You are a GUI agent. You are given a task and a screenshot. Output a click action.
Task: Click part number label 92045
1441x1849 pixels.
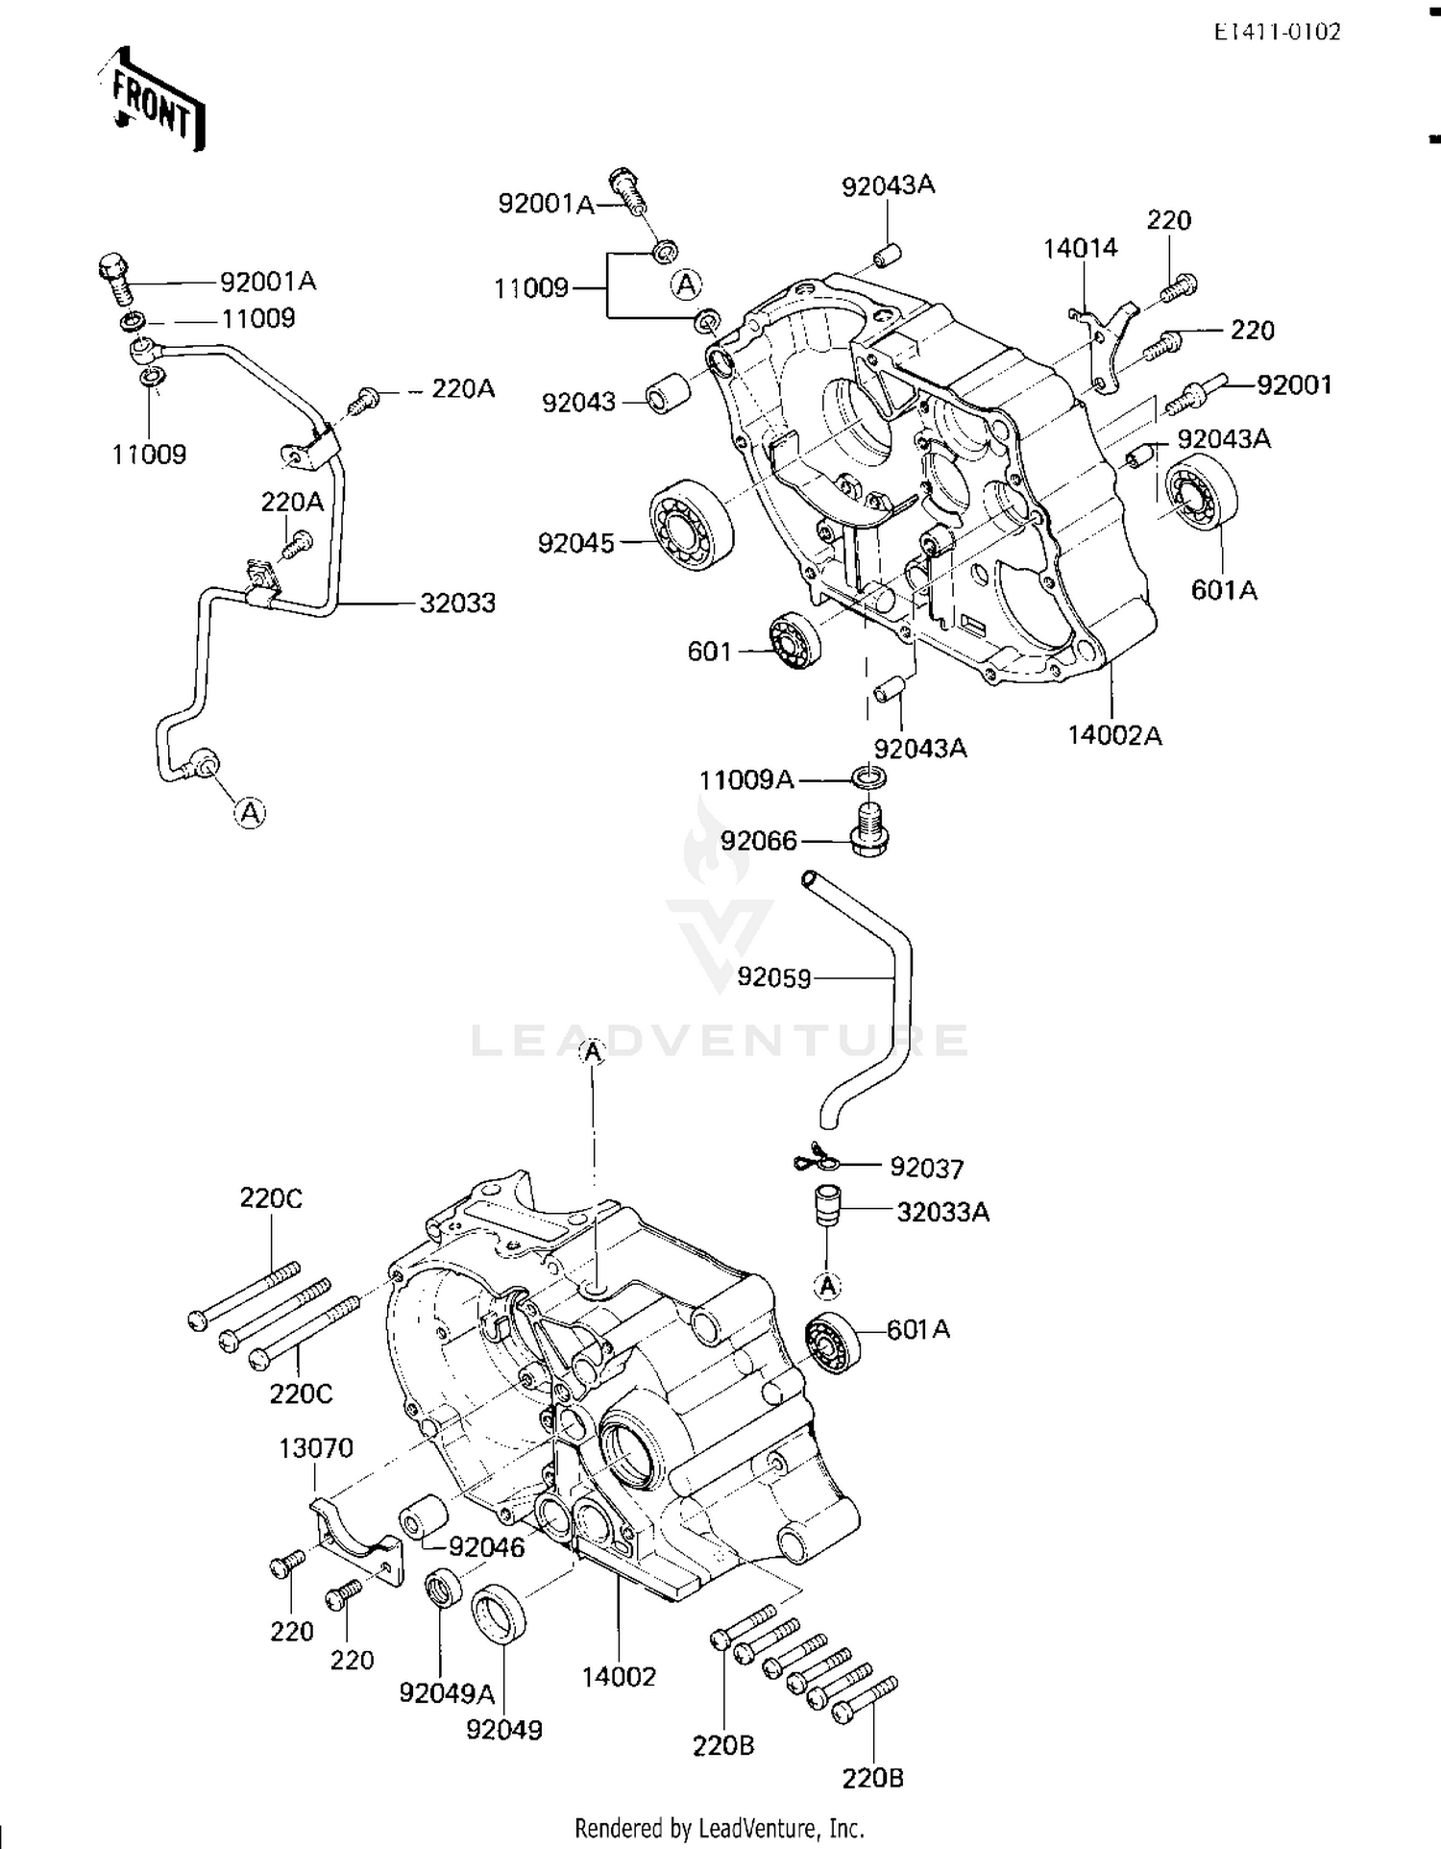coord(575,543)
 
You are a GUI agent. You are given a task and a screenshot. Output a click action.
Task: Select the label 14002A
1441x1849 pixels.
coord(1114,735)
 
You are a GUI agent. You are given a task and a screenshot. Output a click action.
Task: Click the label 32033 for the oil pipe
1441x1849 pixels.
coord(457,604)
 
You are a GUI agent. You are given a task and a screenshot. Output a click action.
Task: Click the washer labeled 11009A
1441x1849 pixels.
coord(868,777)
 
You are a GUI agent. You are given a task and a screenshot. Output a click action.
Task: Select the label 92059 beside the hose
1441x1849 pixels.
coord(774,977)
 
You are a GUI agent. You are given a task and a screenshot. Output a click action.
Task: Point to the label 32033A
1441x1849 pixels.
coord(942,1212)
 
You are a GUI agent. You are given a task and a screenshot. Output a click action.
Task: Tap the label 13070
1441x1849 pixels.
coord(316,1448)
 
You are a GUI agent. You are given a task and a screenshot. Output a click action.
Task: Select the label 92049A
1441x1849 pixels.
coord(447,1692)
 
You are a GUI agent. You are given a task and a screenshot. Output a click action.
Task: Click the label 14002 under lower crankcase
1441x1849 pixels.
coord(619,1677)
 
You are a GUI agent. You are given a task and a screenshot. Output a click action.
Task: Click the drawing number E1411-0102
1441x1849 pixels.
coord(1277,31)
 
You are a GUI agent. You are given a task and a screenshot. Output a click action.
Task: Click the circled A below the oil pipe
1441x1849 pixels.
coord(250,813)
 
